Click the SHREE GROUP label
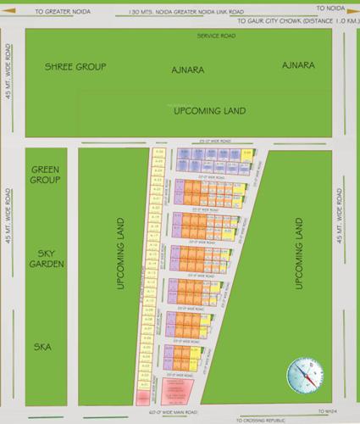(75, 66)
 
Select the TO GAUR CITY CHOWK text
(285, 22)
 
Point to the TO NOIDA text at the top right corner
(337, 5)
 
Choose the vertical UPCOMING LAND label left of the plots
(121, 252)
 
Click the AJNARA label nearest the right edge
(299, 64)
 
